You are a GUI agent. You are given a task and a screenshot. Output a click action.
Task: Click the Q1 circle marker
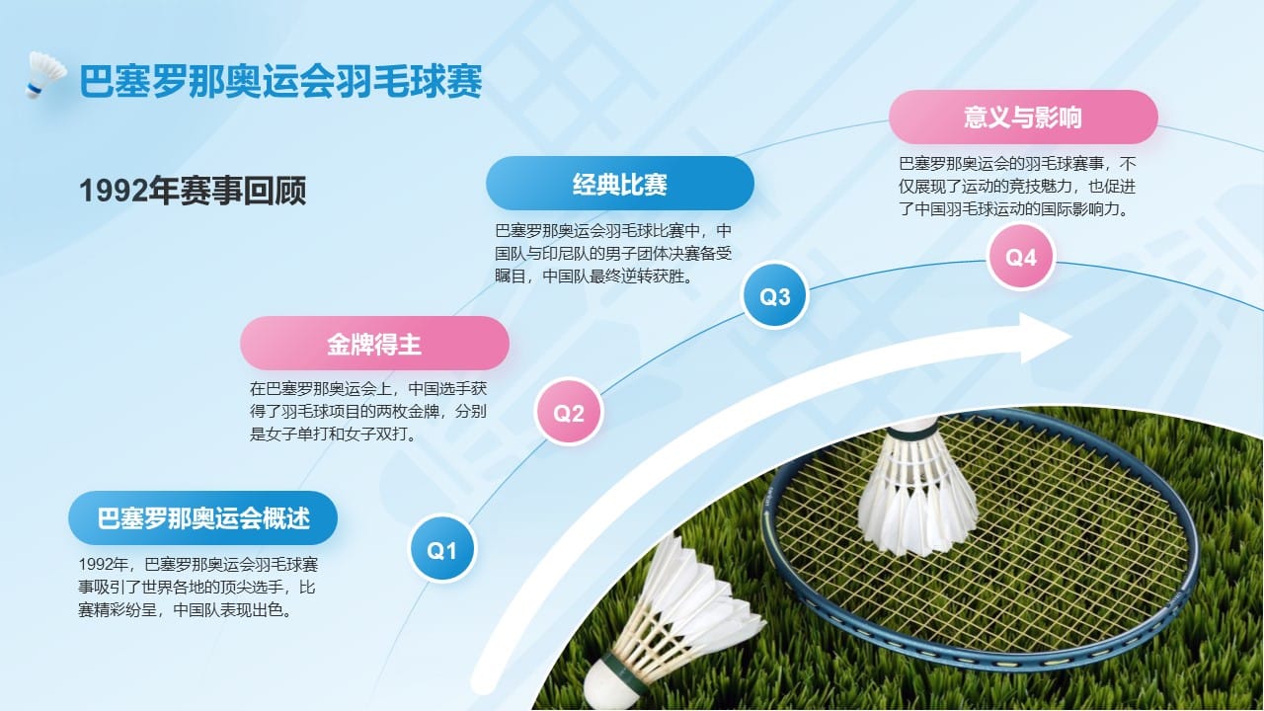point(441,549)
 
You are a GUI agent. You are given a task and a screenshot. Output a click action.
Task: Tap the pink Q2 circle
point(568,412)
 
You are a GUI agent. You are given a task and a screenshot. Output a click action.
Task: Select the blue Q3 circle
point(775,295)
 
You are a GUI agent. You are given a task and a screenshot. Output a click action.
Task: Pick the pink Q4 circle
point(1021,257)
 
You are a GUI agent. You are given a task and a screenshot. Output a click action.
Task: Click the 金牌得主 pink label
point(374,343)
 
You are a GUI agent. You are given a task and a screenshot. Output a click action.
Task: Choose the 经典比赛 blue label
point(620,184)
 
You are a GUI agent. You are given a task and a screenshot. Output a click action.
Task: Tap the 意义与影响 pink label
point(1023,117)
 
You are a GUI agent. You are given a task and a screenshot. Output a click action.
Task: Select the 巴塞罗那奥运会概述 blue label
point(203,518)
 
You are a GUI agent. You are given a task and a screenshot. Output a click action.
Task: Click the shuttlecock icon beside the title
point(45,74)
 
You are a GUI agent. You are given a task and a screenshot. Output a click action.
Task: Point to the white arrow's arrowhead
point(1044,338)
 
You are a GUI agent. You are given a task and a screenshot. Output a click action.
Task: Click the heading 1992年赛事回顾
point(193,191)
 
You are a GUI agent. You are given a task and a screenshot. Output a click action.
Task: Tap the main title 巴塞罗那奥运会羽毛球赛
point(280,81)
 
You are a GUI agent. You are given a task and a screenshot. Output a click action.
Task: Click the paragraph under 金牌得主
point(368,412)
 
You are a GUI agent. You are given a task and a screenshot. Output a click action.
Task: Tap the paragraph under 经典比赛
point(613,254)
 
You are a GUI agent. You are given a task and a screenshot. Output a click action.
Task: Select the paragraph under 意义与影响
point(1017,187)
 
